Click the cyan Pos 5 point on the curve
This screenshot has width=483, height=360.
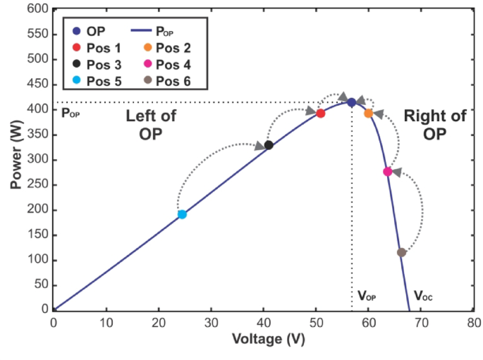(x=182, y=214)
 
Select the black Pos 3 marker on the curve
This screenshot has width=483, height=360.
(x=269, y=145)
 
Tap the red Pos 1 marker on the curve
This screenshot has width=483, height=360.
(x=321, y=113)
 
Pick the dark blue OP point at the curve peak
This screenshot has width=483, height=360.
(x=351, y=103)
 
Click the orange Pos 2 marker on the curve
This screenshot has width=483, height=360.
(x=368, y=113)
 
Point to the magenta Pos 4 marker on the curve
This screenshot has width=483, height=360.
(x=387, y=172)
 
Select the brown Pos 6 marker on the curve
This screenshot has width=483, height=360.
(x=401, y=252)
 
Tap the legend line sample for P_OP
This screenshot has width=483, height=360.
(x=146, y=31)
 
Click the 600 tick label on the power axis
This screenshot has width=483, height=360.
(x=37, y=9)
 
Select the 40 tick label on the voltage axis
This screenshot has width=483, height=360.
(x=263, y=323)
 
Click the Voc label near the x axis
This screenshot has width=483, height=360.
(x=423, y=297)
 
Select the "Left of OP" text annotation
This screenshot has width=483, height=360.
(x=152, y=125)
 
